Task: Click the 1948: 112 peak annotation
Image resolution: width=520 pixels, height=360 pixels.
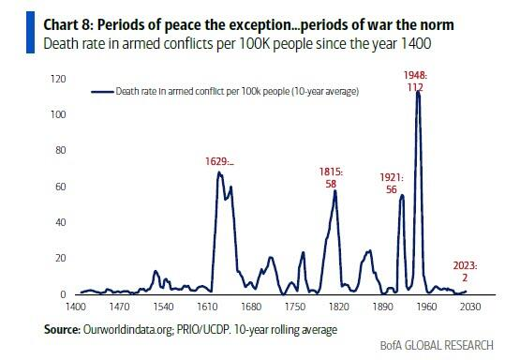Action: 415,82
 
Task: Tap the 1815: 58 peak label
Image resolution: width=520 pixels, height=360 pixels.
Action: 331,178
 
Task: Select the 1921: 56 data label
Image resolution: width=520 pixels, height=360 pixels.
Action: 392,184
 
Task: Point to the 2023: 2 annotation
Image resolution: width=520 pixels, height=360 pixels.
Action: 465,272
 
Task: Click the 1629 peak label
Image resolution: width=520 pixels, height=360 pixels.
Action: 219,161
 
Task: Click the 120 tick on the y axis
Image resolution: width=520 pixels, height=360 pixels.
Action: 58,79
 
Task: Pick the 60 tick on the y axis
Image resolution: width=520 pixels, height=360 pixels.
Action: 61,187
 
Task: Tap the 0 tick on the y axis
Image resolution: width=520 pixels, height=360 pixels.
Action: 63,294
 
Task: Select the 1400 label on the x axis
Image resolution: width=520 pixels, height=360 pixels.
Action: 76,307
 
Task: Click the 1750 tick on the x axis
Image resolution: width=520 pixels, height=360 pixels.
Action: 295,307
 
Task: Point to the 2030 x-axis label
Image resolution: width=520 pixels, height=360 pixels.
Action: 470,307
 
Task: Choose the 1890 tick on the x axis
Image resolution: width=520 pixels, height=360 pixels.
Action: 382,307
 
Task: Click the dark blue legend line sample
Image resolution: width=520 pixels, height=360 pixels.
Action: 102,92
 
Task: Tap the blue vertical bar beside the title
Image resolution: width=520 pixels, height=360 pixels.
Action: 31,32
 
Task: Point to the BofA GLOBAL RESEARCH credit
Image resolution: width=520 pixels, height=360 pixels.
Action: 437,345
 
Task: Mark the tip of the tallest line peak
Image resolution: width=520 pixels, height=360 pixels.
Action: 418,91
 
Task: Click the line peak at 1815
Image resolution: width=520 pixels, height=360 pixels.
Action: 334,190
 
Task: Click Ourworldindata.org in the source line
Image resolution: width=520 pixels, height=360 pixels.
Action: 128,330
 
